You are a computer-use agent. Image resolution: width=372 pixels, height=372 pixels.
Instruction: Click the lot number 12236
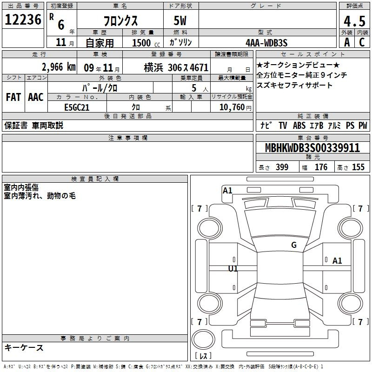(x=23, y=20)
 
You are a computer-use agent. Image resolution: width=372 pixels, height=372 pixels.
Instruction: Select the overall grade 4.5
(x=354, y=21)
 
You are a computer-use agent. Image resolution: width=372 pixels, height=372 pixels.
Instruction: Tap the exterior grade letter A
(x=347, y=42)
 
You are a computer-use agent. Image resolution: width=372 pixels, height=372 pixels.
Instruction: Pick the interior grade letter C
(x=362, y=42)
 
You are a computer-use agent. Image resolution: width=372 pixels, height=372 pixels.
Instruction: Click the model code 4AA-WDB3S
(x=266, y=43)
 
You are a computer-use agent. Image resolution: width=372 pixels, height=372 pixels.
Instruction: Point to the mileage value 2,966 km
(x=59, y=67)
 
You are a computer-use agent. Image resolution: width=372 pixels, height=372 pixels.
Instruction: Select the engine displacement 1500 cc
(x=146, y=43)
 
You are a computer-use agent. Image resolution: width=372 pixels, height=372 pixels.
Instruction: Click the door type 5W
(x=180, y=20)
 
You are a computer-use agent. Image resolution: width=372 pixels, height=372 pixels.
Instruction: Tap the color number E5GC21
(x=77, y=107)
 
